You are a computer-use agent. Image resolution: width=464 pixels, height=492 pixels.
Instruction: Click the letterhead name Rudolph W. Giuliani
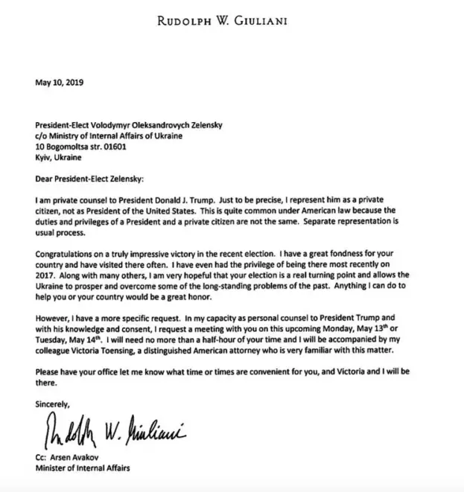(x=232, y=20)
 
